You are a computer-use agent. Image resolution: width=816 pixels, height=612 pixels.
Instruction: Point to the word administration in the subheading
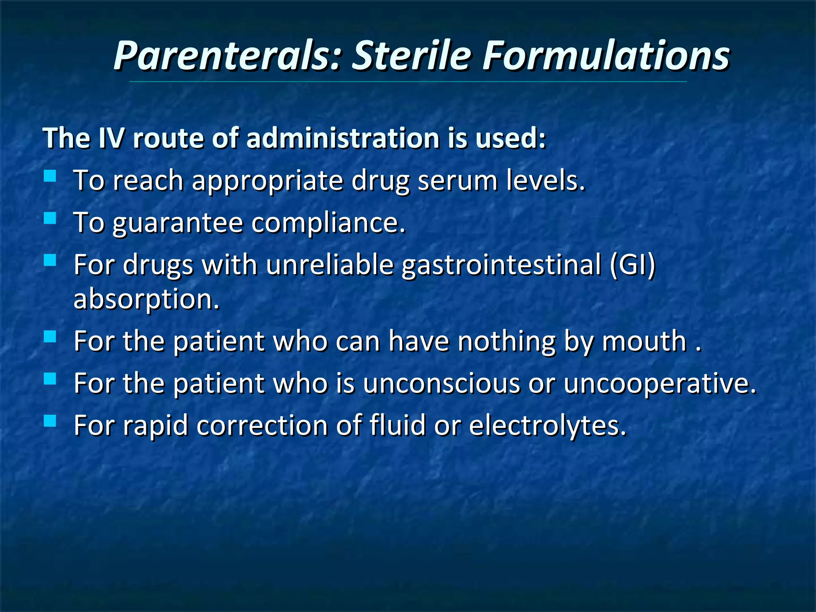[343, 138]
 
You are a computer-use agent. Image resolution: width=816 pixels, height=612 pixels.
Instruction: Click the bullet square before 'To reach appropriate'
[50, 176]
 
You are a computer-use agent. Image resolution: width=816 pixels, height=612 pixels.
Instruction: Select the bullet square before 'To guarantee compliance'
[50, 218]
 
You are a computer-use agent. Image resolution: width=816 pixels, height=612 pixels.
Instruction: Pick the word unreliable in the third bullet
[330, 265]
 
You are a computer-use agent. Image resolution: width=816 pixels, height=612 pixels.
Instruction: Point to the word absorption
[147, 300]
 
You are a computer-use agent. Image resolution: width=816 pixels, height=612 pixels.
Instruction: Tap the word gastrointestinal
[501, 265]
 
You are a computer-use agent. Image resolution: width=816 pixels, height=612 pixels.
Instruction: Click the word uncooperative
[660, 384]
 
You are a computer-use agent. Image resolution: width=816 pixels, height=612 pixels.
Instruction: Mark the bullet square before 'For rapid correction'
[50, 421]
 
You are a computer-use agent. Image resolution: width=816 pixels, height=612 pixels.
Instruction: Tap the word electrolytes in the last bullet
[548, 426]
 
